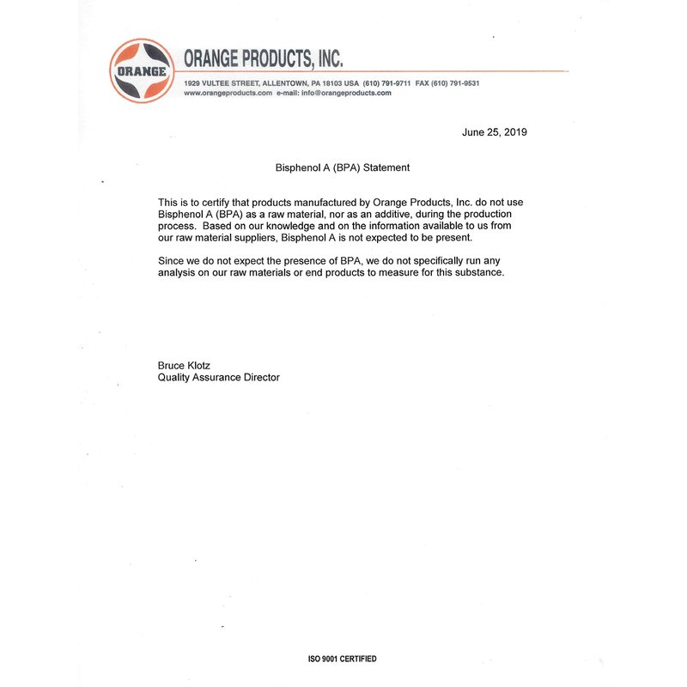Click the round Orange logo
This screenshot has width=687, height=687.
coord(142,70)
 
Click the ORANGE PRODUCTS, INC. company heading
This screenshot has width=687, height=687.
coord(264,58)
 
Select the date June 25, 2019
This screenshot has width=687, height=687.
coord(494,132)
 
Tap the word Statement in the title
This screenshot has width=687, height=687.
coord(386,168)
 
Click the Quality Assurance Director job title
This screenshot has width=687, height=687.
coord(219,377)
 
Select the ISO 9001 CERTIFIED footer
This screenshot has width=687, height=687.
coord(342,659)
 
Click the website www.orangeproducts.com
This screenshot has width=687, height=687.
coord(228,93)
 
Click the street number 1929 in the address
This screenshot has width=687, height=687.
coord(193,83)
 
